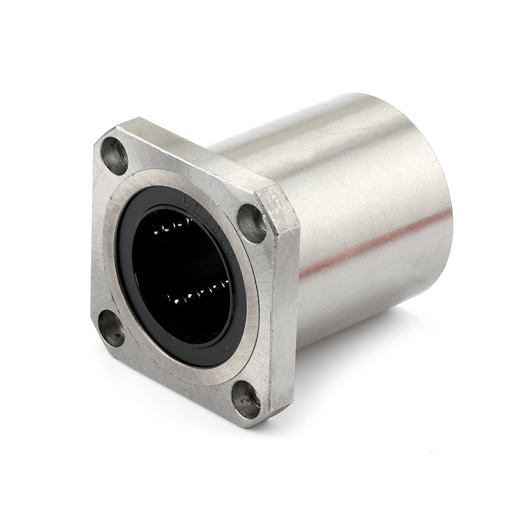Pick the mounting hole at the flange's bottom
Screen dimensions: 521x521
[x=246, y=400]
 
